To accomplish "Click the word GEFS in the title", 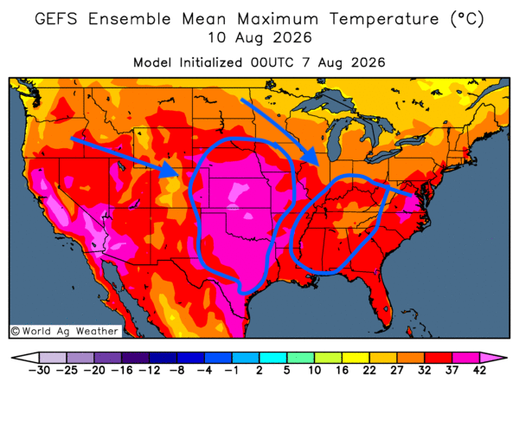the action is [x=56, y=18].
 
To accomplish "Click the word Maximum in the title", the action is [x=278, y=18].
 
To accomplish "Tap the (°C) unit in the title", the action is [x=467, y=18].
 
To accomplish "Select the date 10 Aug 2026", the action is [x=259, y=37].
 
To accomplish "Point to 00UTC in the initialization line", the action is [x=272, y=62].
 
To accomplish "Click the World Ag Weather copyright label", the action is [x=65, y=331].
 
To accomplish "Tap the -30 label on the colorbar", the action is [x=39, y=370].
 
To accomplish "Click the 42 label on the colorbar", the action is [x=479, y=370].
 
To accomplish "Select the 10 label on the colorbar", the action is [x=315, y=370].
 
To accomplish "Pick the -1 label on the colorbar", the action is [x=232, y=370].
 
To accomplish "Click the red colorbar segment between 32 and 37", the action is [x=439, y=358].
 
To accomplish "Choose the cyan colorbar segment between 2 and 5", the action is [x=273, y=358].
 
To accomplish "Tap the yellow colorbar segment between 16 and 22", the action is [x=356, y=358].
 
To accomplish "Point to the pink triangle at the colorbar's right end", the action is [x=492, y=358].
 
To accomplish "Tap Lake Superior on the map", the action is [x=326, y=100].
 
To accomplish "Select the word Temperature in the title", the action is [x=384, y=18].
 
